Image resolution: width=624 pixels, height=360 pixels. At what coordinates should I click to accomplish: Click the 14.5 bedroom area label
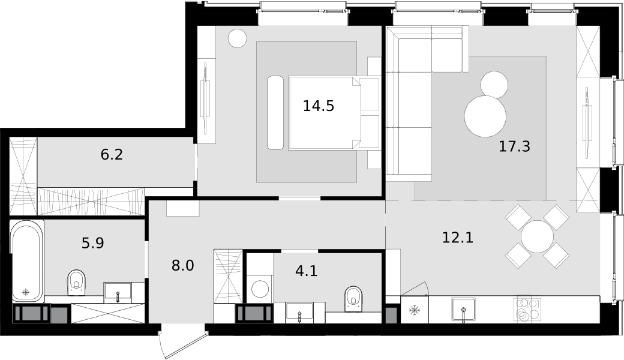click(319, 106)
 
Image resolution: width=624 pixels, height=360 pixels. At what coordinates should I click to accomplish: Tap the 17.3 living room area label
click(515, 147)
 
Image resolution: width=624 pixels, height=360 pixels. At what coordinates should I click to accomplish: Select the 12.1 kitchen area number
click(458, 238)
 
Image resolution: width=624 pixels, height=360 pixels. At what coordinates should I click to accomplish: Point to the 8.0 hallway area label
click(182, 265)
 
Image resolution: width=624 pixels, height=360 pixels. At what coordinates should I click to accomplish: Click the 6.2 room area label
click(112, 154)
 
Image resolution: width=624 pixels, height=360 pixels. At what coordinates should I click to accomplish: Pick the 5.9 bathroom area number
click(93, 242)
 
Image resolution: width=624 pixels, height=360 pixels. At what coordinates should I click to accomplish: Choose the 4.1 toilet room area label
click(307, 271)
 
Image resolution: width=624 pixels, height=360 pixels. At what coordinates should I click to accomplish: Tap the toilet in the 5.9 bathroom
click(76, 283)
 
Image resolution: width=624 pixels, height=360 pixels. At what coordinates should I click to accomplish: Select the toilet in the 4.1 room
click(353, 299)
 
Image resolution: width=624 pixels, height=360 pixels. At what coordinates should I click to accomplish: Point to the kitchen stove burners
click(529, 309)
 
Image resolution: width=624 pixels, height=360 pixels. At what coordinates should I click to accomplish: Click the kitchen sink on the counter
click(463, 309)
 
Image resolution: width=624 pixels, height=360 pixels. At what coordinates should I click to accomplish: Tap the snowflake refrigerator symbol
click(415, 310)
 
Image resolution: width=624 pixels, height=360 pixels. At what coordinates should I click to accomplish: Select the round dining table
click(537, 236)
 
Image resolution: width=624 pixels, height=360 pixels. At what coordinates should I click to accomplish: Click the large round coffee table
click(485, 116)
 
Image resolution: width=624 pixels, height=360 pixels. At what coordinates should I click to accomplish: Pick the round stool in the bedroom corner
click(238, 38)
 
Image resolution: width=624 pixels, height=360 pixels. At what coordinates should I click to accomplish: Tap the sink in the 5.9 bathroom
click(118, 293)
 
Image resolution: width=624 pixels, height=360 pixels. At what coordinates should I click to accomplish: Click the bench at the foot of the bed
click(275, 113)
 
